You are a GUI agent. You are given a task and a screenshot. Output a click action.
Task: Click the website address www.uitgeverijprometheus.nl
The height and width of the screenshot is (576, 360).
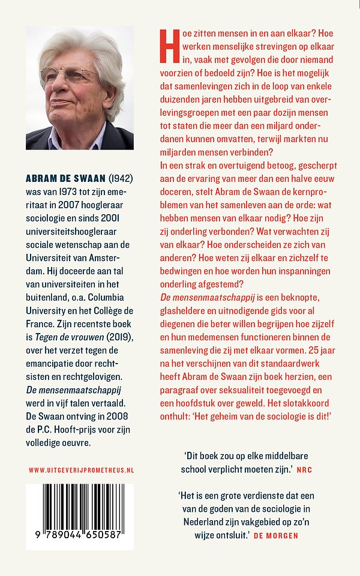coord(80,470)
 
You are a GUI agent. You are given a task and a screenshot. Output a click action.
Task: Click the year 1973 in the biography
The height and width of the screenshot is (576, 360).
coord(67,191)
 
